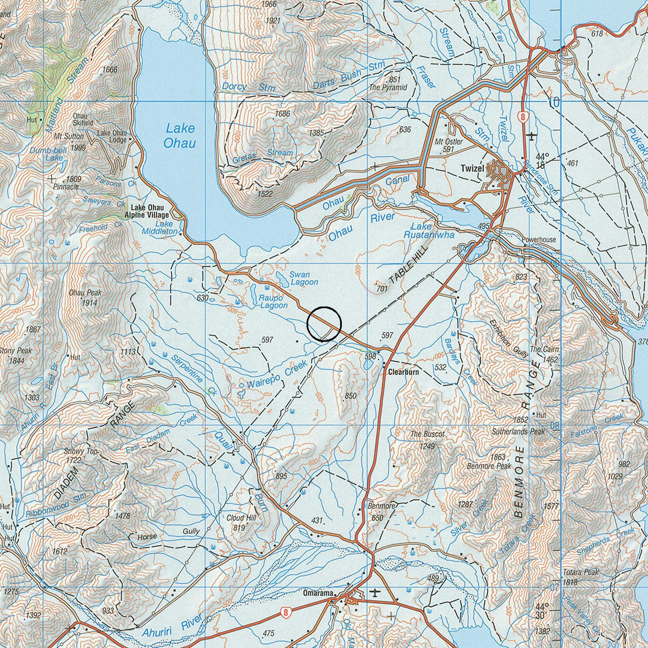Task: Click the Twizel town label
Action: click(x=472, y=168)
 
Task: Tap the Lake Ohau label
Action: click(x=180, y=136)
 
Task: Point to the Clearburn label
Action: click(x=403, y=371)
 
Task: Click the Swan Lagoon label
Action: click(x=304, y=278)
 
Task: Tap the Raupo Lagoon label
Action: click(x=273, y=301)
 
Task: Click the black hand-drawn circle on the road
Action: click(x=324, y=324)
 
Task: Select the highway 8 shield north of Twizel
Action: click(x=523, y=117)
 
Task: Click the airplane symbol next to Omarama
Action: click(x=376, y=592)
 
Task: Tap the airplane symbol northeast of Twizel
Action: click(x=532, y=136)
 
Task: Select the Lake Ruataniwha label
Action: click(x=429, y=231)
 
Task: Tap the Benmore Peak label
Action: click(x=489, y=466)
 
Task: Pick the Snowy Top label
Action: click(x=81, y=452)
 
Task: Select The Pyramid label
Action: click(x=388, y=87)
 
